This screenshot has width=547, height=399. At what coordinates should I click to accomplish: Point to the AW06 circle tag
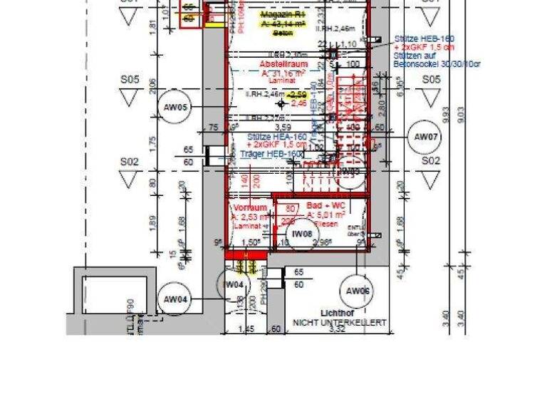tap(359, 290)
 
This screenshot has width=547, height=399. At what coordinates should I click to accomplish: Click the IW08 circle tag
tap(303, 233)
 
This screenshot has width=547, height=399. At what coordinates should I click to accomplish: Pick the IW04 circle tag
tap(234, 285)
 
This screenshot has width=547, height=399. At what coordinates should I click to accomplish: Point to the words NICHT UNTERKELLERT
tap(339, 323)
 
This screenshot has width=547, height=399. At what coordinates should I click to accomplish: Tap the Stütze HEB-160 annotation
tap(424, 38)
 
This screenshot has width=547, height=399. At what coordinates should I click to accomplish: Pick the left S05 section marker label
tap(129, 81)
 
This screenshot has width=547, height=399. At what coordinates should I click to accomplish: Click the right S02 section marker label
tap(429, 162)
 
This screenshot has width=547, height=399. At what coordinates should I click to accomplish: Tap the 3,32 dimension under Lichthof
tap(338, 331)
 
